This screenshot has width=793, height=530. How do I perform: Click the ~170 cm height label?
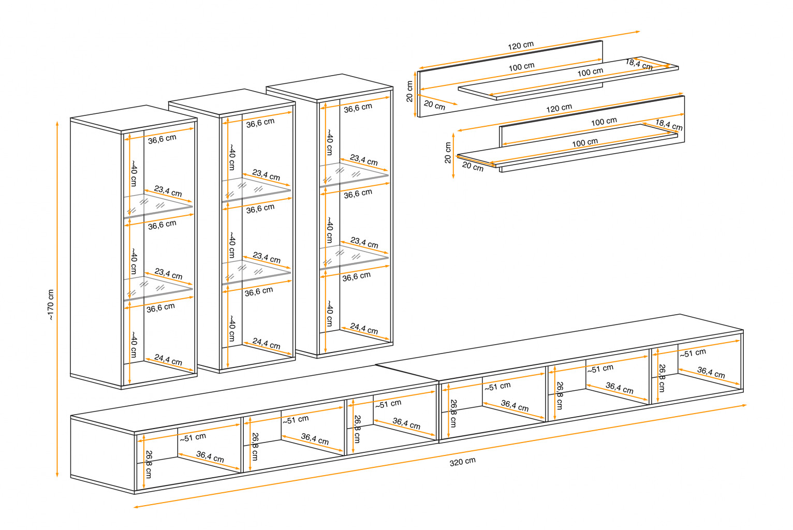(50, 305)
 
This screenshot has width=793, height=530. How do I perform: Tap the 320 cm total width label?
(462, 461)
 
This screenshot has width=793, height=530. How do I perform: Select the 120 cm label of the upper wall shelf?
(521, 46)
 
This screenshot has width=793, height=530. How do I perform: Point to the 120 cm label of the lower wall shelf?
(559, 108)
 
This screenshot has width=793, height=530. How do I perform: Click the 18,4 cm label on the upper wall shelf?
(639, 64)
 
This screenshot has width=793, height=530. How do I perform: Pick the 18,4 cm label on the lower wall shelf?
(669, 125)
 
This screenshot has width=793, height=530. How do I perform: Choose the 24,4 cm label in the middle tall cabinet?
(266, 343)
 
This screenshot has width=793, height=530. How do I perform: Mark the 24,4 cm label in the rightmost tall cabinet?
(364, 328)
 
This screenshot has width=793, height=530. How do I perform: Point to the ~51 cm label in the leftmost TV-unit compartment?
(193, 437)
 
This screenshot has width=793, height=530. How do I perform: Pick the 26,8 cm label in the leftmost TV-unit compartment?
(149, 464)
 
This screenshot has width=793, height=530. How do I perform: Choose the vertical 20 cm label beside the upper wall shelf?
(409, 91)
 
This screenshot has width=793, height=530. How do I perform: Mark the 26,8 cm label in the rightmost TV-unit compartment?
(662, 378)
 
